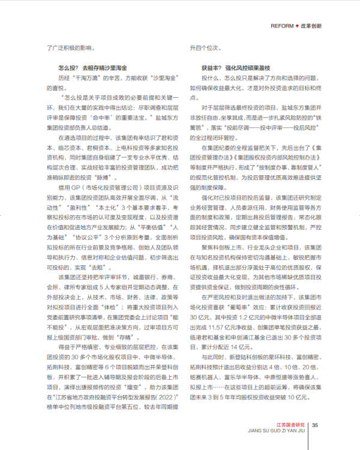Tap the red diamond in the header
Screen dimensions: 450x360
pos(296,26)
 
